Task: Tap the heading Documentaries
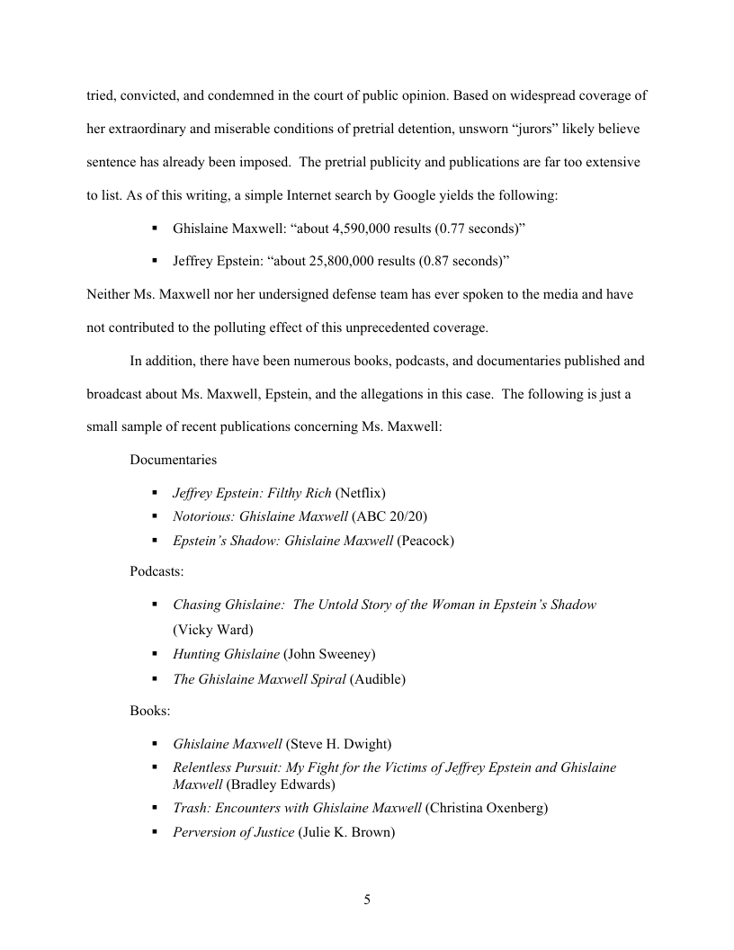click(173, 460)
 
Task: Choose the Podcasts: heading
click(157, 572)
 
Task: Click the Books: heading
click(149, 711)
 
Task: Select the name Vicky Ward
click(213, 629)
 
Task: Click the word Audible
click(377, 679)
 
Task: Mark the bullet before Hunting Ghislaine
click(155, 654)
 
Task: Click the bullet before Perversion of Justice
click(155, 832)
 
